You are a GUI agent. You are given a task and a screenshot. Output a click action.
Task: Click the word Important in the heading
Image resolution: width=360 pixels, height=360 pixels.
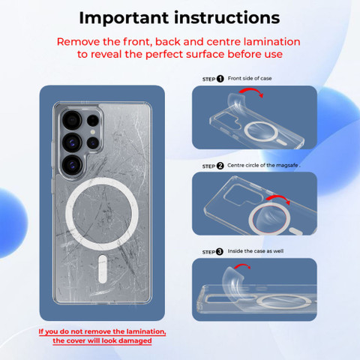pos(124,18)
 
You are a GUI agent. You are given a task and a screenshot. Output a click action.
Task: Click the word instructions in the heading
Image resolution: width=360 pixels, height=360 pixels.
pos(227,18)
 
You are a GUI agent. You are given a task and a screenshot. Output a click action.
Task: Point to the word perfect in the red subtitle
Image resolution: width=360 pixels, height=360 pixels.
pos(164,55)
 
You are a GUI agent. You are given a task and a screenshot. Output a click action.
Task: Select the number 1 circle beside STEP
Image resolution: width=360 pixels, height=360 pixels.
pos(220,79)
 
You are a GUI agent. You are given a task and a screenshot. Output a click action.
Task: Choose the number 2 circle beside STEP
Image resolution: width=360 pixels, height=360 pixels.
pos(220,166)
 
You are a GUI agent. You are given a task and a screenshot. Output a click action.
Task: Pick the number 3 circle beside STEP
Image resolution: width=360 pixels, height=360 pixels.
pos(220,252)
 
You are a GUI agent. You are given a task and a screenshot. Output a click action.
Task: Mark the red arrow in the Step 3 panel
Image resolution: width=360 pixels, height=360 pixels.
pos(242,265)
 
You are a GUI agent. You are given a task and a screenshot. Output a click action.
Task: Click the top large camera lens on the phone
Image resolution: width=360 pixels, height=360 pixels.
pos(72,120)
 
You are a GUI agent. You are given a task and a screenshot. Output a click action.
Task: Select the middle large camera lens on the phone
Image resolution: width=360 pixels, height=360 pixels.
pos(72,142)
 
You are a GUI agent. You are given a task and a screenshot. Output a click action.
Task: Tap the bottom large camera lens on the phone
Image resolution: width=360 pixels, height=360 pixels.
pos(72,165)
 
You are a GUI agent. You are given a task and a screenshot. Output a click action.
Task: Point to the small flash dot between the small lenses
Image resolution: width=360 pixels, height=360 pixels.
pos(93,132)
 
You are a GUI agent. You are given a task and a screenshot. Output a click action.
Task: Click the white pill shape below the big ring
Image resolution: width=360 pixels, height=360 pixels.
pos(103,269)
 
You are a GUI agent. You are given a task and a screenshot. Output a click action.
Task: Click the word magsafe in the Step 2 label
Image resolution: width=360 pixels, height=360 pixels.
pos(287,166)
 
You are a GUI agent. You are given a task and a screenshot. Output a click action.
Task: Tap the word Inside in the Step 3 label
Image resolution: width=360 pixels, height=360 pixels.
pos(235,251)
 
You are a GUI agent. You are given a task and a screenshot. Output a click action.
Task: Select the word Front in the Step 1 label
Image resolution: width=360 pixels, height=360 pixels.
pos(234,78)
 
